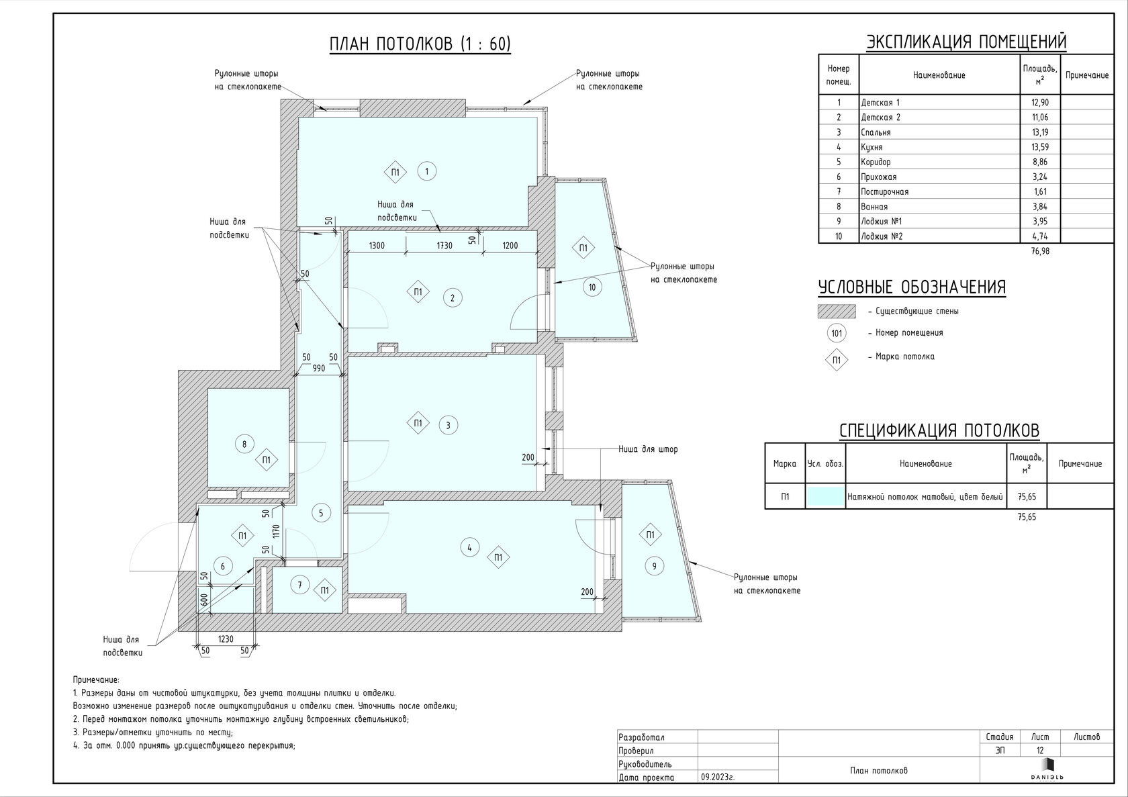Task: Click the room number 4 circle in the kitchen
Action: click(469, 547)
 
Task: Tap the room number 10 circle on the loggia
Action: click(592, 287)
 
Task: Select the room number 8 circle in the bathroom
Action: click(244, 444)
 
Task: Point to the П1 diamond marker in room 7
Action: click(324, 590)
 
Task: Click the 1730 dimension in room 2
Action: click(444, 246)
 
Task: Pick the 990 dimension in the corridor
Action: click(319, 368)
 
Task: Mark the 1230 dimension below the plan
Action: click(226, 639)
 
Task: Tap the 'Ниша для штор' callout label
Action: click(648, 449)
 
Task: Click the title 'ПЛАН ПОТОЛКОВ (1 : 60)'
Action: click(420, 44)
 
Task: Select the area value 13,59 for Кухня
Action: click(1040, 147)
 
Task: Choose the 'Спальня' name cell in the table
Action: click(876, 132)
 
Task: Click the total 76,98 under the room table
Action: click(1041, 250)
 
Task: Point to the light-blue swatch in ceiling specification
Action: click(825, 496)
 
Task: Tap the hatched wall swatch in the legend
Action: click(837, 311)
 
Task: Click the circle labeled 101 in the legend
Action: click(837, 333)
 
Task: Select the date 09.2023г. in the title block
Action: click(718, 778)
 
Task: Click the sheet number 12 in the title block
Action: click(1040, 750)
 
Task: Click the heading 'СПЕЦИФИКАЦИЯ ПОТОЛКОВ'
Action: click(939, 430)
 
